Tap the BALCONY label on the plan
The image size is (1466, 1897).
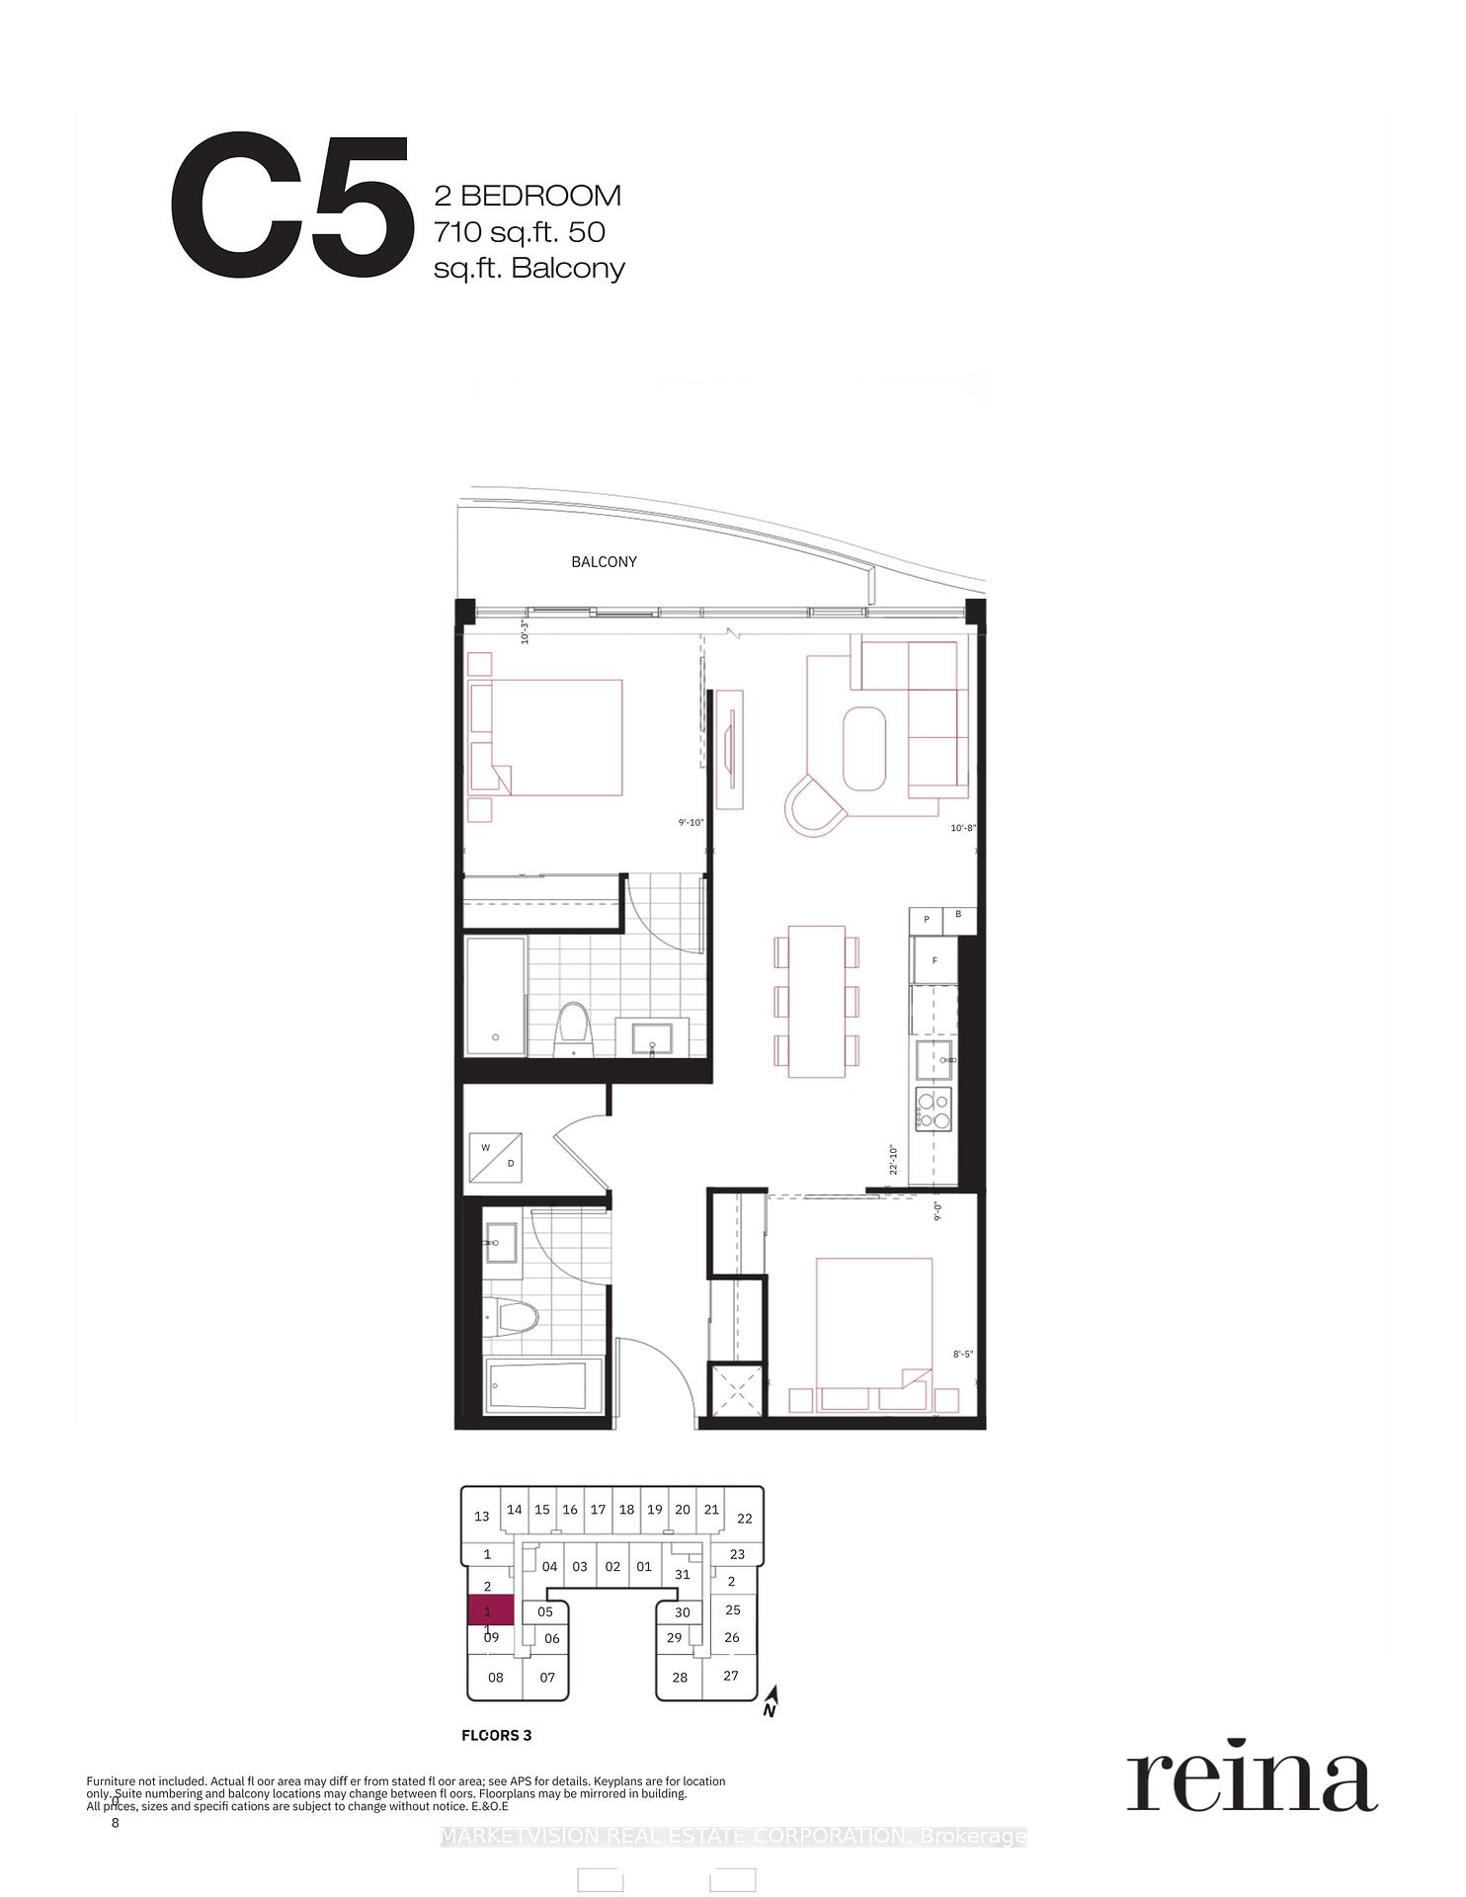(604, 562)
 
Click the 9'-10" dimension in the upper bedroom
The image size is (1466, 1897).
(691, 822)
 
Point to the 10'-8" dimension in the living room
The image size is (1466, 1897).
(963, 828)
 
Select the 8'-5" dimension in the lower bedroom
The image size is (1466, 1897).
(963, 1355)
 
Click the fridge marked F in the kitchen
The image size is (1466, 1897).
(935, 960)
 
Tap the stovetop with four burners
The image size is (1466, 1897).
(934, 1109)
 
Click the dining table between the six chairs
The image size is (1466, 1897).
(816, 1001)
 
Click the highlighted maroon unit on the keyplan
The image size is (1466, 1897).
(490, 1610)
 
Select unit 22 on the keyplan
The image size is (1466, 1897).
(745, 1519)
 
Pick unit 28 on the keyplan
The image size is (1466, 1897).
(680, 1677)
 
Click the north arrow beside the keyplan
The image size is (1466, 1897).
(772, 1701)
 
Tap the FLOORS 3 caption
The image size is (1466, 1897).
(497, 1735)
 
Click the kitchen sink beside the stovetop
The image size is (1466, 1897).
(934, 1059)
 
